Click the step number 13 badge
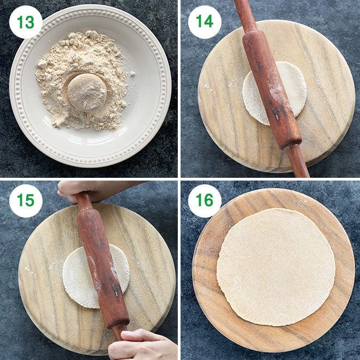tap(26, 22)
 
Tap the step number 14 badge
tap(205, 22)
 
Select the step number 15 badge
tap(26, 201)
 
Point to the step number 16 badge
tap(205, 201)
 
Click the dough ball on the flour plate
tap(87, 92)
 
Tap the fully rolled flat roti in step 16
tap(275, 267)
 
